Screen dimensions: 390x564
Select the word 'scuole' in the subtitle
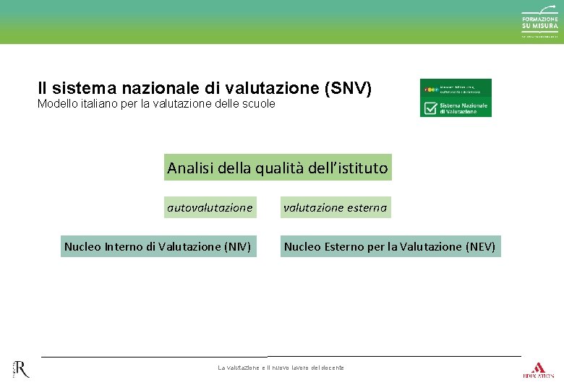point(259,104)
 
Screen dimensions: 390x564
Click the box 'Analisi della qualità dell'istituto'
point(278,168)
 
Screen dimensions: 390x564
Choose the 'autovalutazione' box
point(210,207)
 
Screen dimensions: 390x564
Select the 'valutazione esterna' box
point(335,207)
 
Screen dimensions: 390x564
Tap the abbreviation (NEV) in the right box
point(481,246)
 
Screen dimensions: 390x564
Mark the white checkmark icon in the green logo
point(430,108)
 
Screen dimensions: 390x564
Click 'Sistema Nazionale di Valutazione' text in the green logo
point(463,108)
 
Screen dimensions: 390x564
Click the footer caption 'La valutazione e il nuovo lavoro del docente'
point(281,368)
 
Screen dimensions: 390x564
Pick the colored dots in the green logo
point(430,90)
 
